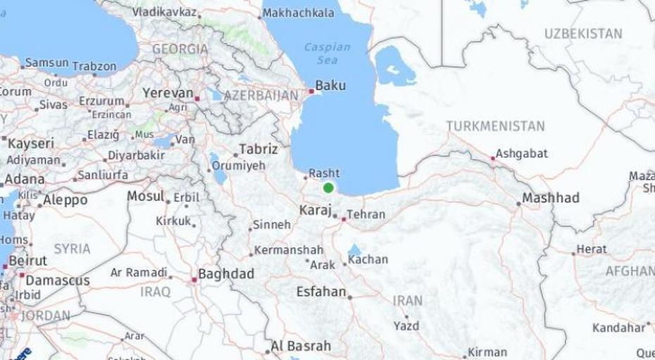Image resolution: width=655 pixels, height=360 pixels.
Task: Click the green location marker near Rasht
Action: (328, 188)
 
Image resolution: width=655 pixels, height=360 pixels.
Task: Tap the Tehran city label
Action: (366, 214)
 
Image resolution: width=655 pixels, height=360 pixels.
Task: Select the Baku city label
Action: (330, 85)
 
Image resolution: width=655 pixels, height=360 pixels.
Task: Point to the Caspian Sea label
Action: (327, 54)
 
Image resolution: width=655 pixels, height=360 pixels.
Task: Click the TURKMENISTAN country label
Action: (495, 126)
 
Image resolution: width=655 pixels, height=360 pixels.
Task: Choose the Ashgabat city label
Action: (521, 154)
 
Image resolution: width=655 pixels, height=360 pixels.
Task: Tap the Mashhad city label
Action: (551, 198)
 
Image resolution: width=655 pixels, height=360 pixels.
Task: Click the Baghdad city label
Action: (226, 274)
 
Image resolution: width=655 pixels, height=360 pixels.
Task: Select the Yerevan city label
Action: (168, 93)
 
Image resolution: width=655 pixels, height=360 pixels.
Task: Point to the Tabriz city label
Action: (258, 149)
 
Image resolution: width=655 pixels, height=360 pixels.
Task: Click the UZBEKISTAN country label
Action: (583, 33)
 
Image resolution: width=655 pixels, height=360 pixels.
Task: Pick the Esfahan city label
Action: (321, 292)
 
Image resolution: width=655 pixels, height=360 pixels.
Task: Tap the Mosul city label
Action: (145, 196)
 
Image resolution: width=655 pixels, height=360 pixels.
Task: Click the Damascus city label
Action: (58, 280)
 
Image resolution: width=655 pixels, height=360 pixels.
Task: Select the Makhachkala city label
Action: (299, 13)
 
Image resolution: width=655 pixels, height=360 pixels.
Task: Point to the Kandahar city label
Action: (618, 328)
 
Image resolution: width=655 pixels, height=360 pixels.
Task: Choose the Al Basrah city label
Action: (301, 346)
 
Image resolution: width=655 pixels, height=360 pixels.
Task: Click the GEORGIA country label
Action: (180, 49)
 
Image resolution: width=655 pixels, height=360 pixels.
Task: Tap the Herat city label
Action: (591, 249)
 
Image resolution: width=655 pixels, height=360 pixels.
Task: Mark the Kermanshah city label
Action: (288, 250)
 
